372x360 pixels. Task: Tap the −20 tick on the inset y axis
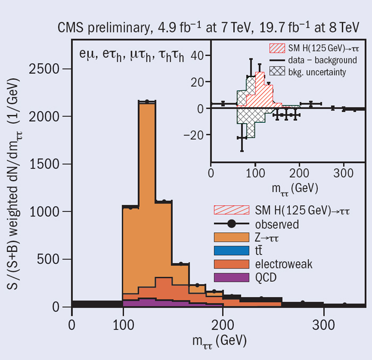(195, 135)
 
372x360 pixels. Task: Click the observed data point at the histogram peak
(146, 102)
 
